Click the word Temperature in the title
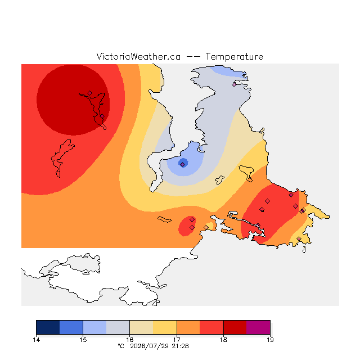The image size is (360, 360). [x=234, y=56]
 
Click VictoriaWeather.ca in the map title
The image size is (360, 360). [x=138, y=56]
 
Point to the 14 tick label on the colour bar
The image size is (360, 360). [x=36, y=340]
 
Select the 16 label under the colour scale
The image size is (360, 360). [x=130, y=340]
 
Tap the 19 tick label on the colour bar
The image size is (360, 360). [x=270, y=340]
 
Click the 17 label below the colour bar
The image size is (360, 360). [x=177, y=340]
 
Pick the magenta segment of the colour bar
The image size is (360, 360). [x=258, y=327]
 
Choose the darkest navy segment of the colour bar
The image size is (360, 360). [x=48, y=327]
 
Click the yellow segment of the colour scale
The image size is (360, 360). [x=165, y=327]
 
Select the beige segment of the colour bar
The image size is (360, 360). [x=141, y=327]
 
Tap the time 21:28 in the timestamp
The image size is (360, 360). [x=180, y=346]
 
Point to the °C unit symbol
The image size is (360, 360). [x=121, y=346]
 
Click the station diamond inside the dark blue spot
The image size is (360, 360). [x=182, y=165]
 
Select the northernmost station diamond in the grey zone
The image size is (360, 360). [x=234, y=84]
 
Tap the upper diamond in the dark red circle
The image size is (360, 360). [x=90, y=93]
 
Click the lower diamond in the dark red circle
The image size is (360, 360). [x=102, y=116]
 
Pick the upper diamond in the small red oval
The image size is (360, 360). [x=192, y=220]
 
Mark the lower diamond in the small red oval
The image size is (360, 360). [x=192, y=227]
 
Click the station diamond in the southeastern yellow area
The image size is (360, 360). [x=299, y=238]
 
